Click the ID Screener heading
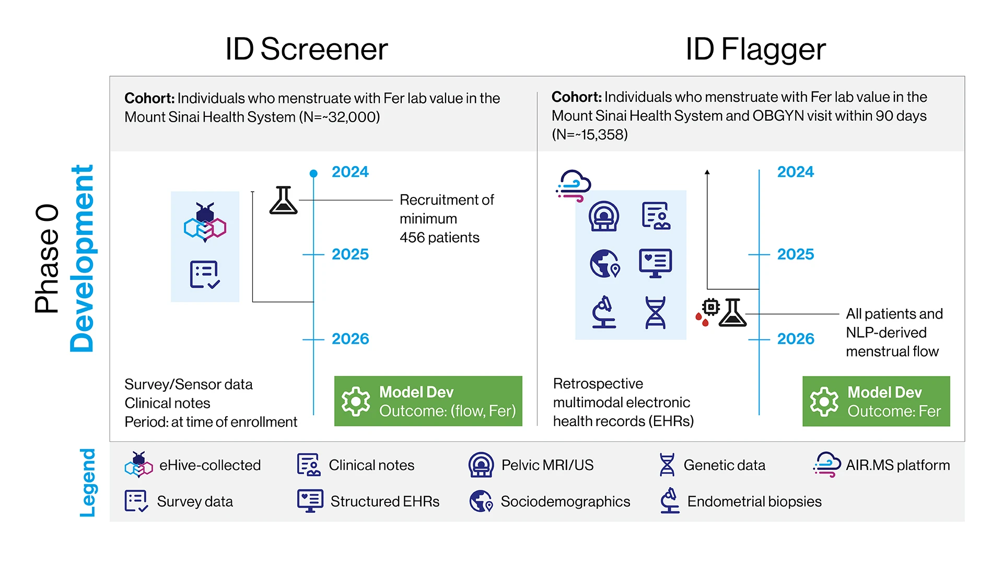[306, 49]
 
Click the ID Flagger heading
[755, 49]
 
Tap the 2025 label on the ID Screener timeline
[350, 254]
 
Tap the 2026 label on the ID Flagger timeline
[795, 339]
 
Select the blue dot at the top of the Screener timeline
[313, 173]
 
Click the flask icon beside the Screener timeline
[283, 201]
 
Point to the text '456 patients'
[439, 238]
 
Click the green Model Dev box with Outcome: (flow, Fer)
[428, 401]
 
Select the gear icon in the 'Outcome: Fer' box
[824, 401]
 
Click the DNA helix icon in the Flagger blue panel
[655, 313]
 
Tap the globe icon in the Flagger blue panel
[604, 263]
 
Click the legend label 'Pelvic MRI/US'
[547, 465]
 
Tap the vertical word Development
[82, 258]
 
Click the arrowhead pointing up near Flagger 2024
[707, 172]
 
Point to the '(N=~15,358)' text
[589, 135]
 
